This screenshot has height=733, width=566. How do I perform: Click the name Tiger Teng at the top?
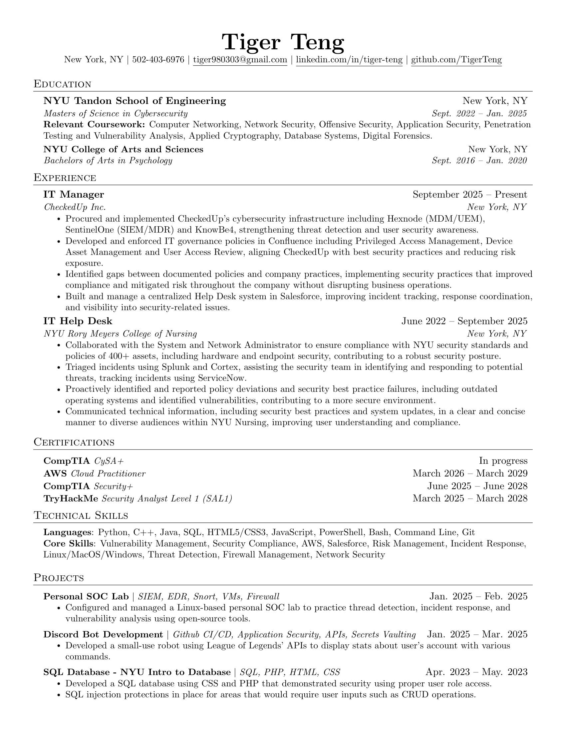click(x=283, y=43)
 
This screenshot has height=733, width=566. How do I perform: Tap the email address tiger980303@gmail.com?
click(x=240, y=60)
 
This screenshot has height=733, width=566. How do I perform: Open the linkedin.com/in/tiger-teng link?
click(x=349, y=60)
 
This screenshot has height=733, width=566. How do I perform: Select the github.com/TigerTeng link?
click(x=456, y=60)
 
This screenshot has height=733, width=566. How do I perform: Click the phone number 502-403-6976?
click(x=158, y=60)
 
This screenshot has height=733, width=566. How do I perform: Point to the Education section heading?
click(x=62, y=84)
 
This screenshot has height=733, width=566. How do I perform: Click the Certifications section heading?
click(x=74, y=442)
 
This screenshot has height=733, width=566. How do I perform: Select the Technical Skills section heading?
click(x=81, y=515)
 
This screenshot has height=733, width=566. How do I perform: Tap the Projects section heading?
click(x=59, y=578)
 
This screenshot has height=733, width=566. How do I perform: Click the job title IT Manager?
click(x=74, y=195)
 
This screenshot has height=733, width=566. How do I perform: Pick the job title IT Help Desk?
click(x=78, y=321)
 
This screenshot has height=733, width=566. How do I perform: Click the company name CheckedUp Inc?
click(x=75, y=207)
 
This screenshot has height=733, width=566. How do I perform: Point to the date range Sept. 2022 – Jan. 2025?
click(x=479, y=113)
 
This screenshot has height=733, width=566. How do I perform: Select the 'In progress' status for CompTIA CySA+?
click(x=503, y=461)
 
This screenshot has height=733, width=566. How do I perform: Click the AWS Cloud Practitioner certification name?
click(x=95, y=473)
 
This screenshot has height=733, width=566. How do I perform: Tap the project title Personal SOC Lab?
click(x=86, y=596)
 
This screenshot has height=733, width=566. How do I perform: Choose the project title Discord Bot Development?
click(x=103, y=635)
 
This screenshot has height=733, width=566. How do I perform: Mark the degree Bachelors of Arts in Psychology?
click(x=108, y=161)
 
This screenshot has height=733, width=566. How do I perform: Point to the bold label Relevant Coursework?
click(x=94, y=125)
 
